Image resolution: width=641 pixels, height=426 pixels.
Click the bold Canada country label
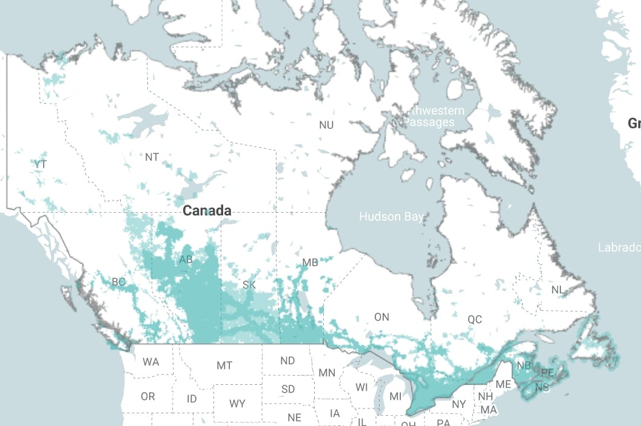pos(207,211)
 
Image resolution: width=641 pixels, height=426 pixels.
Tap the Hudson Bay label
pos(391,216)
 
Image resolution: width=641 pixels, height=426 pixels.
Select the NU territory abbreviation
pos(326,125)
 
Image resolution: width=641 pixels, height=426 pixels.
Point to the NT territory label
pos(152,157)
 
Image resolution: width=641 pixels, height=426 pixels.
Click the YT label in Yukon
pos(40,164)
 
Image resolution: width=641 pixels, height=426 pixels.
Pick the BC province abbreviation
pos(118,282)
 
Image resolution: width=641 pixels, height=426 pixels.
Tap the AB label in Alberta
pos(186,260)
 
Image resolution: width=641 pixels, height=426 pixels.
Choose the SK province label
pos(249,285)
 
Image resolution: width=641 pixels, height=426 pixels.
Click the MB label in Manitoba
pos(310,263)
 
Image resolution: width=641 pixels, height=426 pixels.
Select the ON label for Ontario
pos(381,317)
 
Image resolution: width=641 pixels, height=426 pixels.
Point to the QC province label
pos(474,319)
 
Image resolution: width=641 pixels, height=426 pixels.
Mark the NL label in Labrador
pos(558,290)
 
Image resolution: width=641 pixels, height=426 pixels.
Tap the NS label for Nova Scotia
pos(542,387)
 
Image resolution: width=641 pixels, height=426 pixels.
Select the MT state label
pos(224,365)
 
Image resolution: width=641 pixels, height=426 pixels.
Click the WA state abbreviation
pos(151,362)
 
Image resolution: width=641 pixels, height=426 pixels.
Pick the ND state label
pos(287,361)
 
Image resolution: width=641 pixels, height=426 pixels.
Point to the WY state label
pos(237,403)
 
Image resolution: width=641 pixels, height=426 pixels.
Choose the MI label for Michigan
pos(395,396)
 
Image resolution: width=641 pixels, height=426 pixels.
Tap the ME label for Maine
pos(503,384)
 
